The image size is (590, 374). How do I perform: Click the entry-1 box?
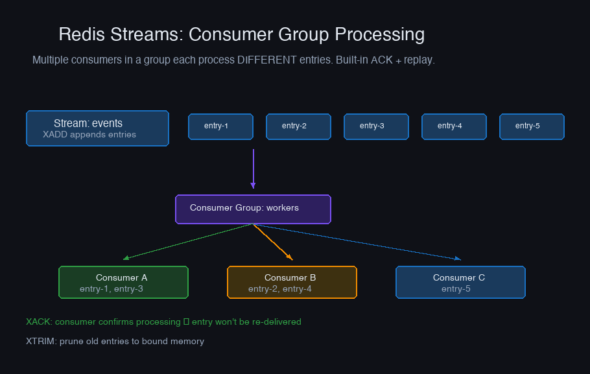(x=220, y=126)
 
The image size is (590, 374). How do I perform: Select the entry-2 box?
(x=298, y=126)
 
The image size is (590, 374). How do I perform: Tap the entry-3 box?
(x=376, y=126)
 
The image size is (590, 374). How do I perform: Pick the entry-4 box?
(x=454, y=126)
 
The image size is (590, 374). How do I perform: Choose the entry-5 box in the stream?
(x=532, y=126)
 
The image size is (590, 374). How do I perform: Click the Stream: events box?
(x=97, y=128)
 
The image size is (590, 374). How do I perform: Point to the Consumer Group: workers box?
(x=254, y=209)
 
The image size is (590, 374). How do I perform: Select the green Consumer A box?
(x=123, y=282)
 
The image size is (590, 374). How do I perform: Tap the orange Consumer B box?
(x=292, y=282)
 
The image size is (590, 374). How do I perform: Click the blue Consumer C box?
(x=460, y=282)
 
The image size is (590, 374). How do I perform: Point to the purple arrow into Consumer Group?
(x=254, y=169)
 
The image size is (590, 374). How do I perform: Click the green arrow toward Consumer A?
(x=188, y=242)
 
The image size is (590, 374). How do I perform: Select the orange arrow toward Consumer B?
(x=273, y=242)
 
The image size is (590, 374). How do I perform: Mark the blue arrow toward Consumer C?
(x=357, y=242)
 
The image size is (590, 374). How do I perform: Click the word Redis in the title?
(x=82, y=34)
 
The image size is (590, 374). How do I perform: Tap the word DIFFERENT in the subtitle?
(x=266, y=60)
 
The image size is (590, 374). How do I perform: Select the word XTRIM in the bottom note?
(x=40, y=341)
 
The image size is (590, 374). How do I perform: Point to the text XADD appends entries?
(x=89, y=135)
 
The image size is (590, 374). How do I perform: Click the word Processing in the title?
(x=380, y=34)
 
